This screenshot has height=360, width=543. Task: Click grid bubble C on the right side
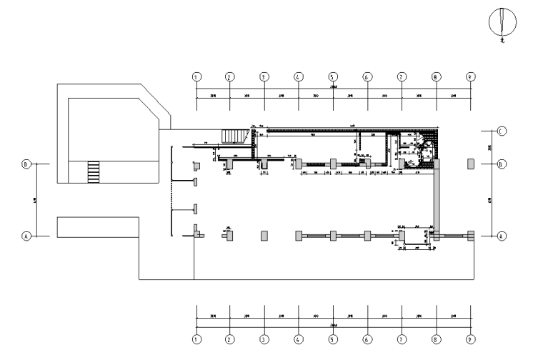(x=502, y=131)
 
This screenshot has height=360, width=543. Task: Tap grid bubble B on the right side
(x=502, y=164)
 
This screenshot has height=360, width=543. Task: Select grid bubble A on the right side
(x=502, y=235)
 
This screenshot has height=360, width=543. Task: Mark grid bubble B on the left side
(x=26, y=164)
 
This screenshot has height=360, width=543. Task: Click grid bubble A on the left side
(x=26, y=235)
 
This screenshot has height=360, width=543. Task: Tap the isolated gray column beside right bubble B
(x=470, y=164)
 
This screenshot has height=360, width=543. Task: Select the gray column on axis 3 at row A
(x=264, y=235)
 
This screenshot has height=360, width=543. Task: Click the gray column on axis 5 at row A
(x=333, y=235)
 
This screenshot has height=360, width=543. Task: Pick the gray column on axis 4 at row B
(x=299, y=164)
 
